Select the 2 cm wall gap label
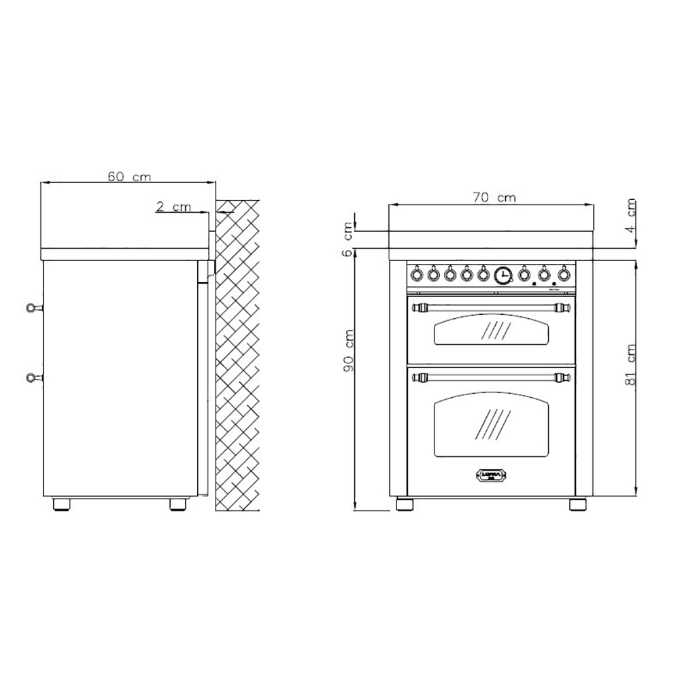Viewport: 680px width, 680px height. pos(173,206)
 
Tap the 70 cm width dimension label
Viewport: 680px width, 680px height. pos(495,198)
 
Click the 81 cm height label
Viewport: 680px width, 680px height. pos(632,371)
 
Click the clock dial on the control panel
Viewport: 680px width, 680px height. pos(503,275)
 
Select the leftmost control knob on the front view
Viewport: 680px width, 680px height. pos(416,275)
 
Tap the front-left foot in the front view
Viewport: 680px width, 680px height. pos(405,505)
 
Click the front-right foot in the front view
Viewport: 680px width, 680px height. pos(577,505)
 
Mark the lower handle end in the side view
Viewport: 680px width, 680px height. pos(31,378)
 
